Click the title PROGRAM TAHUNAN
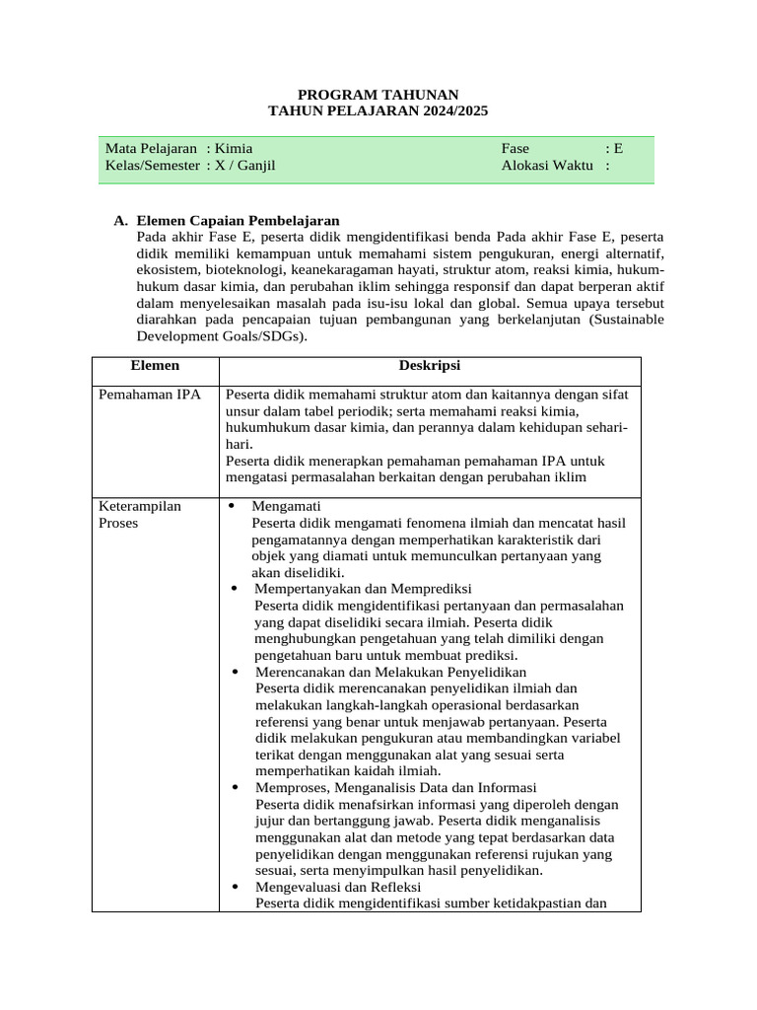click(x=378, y=94)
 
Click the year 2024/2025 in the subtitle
click(x=448, y=111)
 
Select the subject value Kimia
click(x=234, y=148)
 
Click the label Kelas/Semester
click(x=152, y=165)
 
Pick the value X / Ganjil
click(x=245, y=165)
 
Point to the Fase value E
click(x=618, y=148)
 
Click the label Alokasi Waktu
click(x=547, y=165)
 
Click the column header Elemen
click(x=155, y=365)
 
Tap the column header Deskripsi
click(x=429, y=365)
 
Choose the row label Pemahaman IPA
click(x=149, y=395)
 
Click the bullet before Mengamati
click(x=233, y=507)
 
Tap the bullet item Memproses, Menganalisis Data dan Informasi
click(x=394, y=787)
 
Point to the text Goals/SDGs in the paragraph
click(x=263, y=335)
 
